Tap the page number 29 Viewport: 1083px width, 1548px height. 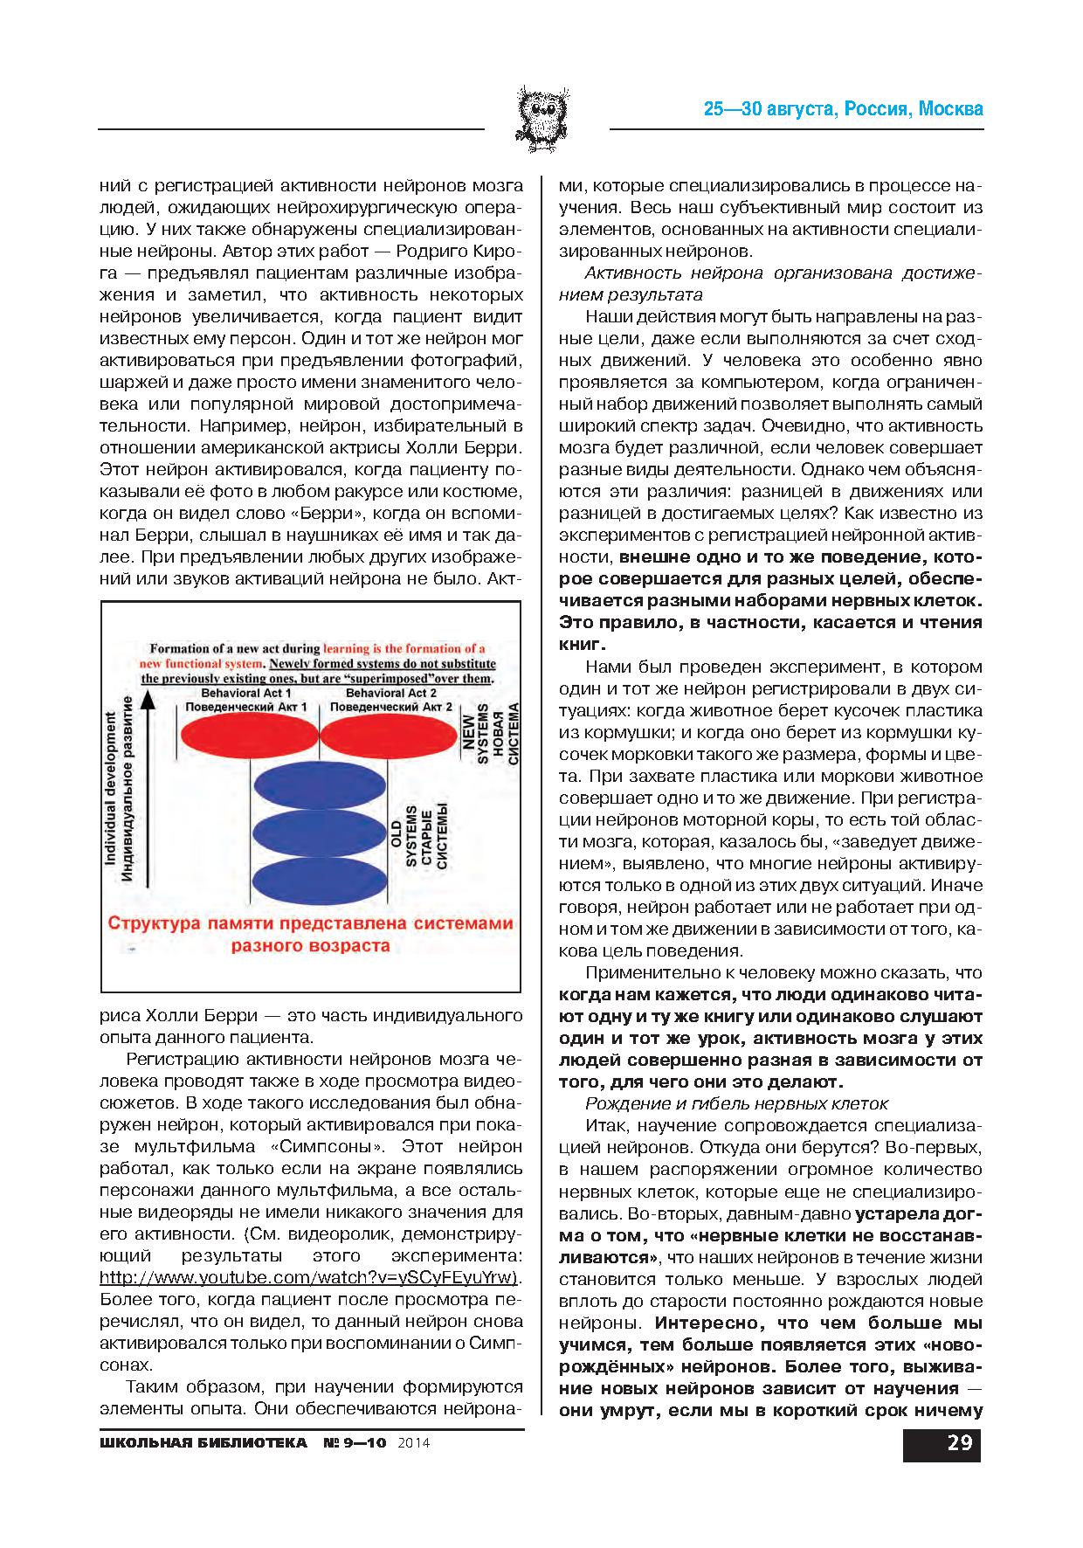pyautogui.click(x=958, y=1442)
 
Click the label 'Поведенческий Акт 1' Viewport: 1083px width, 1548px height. pyautogui.click(x=247, y=706)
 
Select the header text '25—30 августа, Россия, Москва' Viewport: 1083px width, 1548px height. pyautogui.click(x=844, y=109)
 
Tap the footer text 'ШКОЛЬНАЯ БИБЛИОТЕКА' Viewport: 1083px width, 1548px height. pyautogui.click(x=203, y=1442)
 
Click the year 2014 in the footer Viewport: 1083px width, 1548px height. pyautogui.click(x=413, y=1443)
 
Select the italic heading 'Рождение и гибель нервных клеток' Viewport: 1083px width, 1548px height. pyautogui.click(x=736, y=1103)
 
